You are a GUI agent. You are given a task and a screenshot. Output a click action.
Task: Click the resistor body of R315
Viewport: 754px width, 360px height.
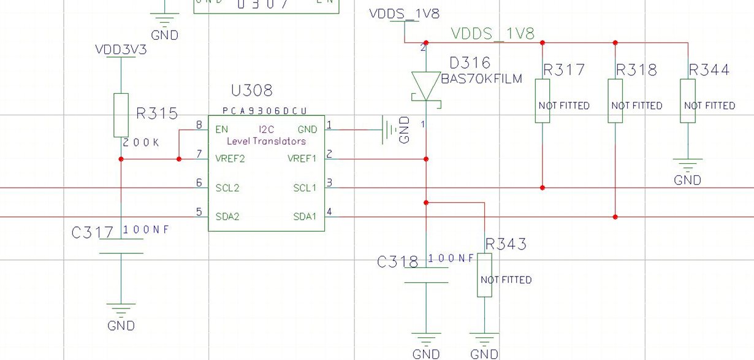click(x=121, y=115)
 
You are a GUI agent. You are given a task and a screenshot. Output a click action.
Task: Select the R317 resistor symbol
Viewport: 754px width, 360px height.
click(x=543, y=101)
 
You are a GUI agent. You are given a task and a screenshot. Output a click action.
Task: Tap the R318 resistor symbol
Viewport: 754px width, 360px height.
click(x=615, y=101)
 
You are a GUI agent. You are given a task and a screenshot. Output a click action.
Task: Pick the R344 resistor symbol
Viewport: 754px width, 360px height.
click(x=688, y=101)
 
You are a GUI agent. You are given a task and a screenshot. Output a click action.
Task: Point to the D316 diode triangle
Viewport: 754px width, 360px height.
click(x=426, y=84)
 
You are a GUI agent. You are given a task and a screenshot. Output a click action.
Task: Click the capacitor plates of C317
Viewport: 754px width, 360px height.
click(x=121, y=247)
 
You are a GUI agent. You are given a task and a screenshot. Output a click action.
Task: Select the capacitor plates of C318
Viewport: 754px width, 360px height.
click(x=426, y=277)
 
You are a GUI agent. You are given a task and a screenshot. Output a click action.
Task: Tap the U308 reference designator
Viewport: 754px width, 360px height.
click(x=251, y=91)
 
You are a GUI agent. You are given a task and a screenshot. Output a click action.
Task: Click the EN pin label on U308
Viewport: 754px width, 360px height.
click(x=221, y=129)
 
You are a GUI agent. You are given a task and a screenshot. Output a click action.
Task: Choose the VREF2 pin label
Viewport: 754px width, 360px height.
click(x=230, y=159)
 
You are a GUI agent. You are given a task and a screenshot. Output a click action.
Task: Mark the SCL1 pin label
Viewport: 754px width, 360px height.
click(x=305, y=188)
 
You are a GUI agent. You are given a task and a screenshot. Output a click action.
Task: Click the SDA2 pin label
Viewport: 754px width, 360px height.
click(x=227, y=216)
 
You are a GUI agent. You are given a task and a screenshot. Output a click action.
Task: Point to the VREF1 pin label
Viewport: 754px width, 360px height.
click(x=302, y=159)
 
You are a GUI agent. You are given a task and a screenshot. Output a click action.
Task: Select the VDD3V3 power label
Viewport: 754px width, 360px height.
click(x=121, y=50)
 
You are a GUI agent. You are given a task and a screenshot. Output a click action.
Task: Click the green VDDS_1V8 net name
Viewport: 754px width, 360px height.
click(x=493, y=34)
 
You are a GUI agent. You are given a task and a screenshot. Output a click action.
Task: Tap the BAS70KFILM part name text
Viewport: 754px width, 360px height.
click(x=482, y=78)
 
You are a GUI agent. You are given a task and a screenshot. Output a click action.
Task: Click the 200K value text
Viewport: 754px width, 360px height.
click(x=141, y=142)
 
